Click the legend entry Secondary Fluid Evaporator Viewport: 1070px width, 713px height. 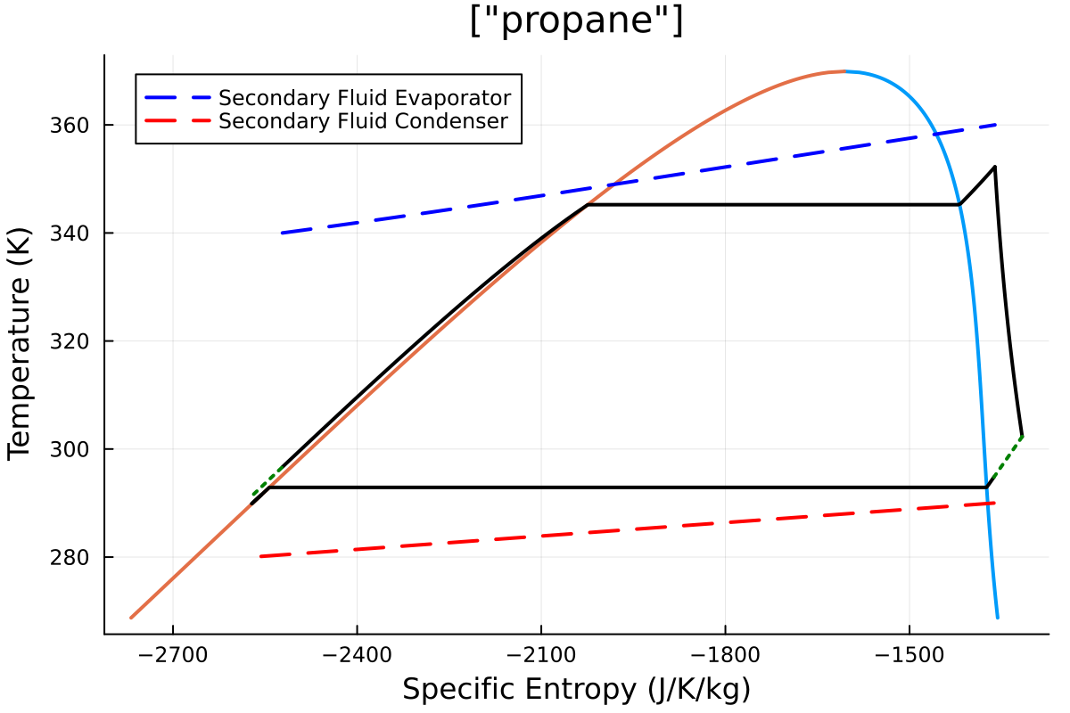[364, 97]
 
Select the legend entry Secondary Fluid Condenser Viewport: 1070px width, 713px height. [364, 120]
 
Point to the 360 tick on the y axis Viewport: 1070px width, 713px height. [77, 125]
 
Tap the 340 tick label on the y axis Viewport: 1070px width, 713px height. [77, 233]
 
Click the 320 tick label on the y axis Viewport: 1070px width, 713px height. [77, 341]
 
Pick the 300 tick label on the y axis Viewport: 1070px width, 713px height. [77, 449]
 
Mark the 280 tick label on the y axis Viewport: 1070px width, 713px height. [77, 557]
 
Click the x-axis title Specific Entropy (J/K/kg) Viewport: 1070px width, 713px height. [576, 689]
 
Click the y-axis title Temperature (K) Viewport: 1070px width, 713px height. [21, 344]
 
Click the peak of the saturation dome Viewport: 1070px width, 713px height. [844, 71]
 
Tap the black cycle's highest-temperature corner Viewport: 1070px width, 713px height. [994, 167]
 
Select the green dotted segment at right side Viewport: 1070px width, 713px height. [1005, 461]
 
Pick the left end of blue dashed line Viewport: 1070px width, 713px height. [282, 233]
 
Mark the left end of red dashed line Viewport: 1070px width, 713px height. [260, 556]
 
